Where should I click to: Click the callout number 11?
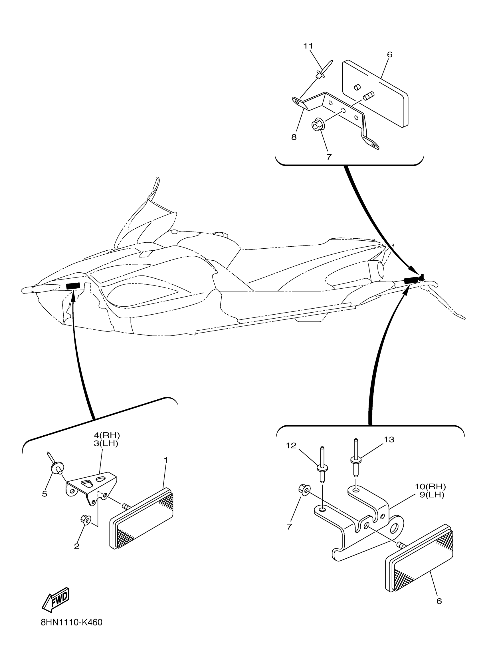tap(308, 46)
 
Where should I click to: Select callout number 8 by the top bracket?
tap(294, 137)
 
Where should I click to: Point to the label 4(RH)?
tap(107, 435)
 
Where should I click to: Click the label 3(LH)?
tap(106, 443)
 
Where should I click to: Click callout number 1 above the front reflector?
tap(165, 460)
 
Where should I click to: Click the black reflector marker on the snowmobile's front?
tap(73, 286)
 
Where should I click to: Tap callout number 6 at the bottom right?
tap(439, 601)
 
